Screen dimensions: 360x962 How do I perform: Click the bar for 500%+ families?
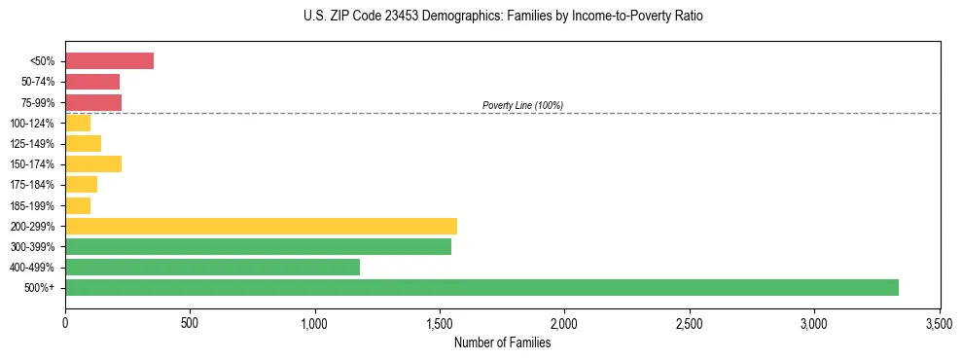click(481, 287)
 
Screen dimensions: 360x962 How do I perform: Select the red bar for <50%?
click(109, 60)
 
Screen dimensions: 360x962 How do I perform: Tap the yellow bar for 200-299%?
click(261, 226)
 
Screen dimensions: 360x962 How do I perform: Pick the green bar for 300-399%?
click(258, 246)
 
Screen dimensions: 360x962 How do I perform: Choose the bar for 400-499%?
click(212, 267)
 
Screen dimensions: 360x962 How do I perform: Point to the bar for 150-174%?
click(93, 163)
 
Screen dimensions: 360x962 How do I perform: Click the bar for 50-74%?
click(92, 82)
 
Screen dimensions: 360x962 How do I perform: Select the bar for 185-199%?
click(78, 205)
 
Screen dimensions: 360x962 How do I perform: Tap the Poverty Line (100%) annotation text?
click(522, 105)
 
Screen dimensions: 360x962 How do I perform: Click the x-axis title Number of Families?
click(502, 342)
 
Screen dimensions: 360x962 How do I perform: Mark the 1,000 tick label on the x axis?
click(315, 322)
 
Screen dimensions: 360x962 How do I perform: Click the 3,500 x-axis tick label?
click(939, 322)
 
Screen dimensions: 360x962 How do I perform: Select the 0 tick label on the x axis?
click(65, 322)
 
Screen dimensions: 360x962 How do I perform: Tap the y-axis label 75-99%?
click(37, 102)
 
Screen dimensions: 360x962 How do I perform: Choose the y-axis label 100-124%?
click(34, 123)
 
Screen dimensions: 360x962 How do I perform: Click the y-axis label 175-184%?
click(34, 185)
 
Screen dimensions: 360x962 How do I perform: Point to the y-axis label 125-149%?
click(34, 143)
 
